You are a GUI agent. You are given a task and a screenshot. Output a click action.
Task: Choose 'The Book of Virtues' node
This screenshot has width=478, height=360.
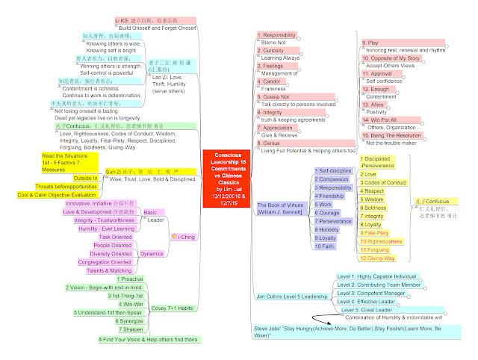(278, 207)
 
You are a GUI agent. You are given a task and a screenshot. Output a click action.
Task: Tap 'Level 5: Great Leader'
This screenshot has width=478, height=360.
(367, 309)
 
